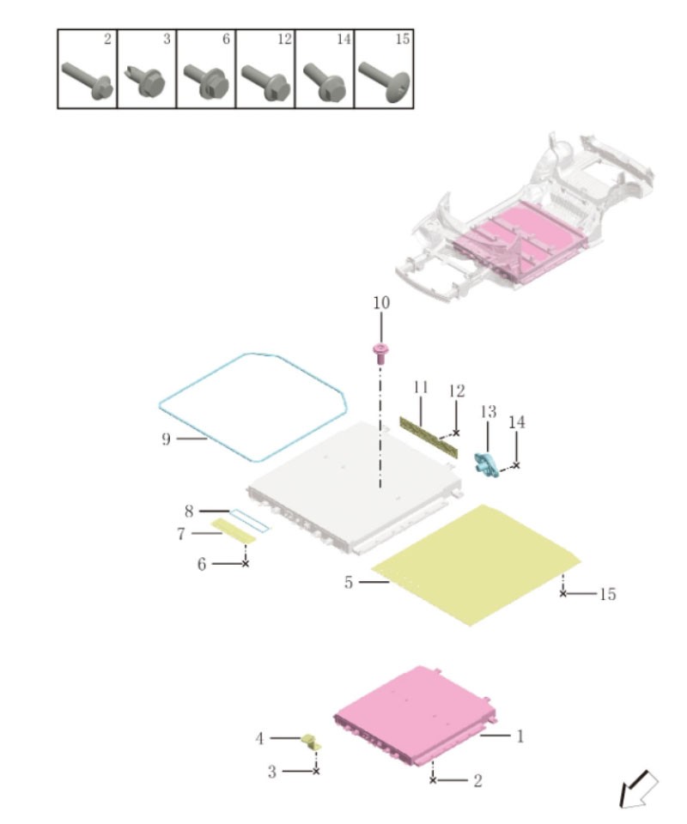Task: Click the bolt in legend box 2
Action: (88, 81)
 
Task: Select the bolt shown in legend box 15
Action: (384, 82)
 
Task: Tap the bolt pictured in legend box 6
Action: (206, 81)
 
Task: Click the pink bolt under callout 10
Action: (380, 353)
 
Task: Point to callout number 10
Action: (381, 303)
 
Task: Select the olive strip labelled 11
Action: (429, 437)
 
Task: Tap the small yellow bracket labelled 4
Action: (311, 742)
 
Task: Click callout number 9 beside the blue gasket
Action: (166, 439)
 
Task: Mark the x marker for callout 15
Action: (563, 593)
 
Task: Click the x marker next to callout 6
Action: (245, 563)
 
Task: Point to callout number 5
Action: (349, 582)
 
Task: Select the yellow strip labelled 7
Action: (233, 530)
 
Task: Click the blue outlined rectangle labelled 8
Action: (250, 520)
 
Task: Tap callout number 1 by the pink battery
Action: (520, 736)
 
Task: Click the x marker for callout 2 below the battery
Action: (433, 780)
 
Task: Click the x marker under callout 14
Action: (516, 465)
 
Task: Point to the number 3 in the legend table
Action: (167, 39)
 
